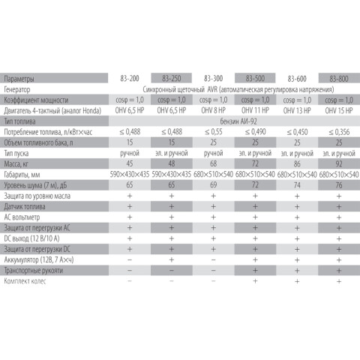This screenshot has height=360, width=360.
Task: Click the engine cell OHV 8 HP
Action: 214,109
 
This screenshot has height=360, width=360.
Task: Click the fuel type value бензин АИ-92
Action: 237,120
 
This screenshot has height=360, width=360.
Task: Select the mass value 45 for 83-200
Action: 131,162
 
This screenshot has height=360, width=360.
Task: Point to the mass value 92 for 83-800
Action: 340,162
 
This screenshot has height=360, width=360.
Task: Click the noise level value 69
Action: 214,183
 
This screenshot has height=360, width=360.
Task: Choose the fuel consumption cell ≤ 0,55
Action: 214,130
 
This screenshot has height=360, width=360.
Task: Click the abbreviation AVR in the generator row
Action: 203,88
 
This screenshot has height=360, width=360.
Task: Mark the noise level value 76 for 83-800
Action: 340,183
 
